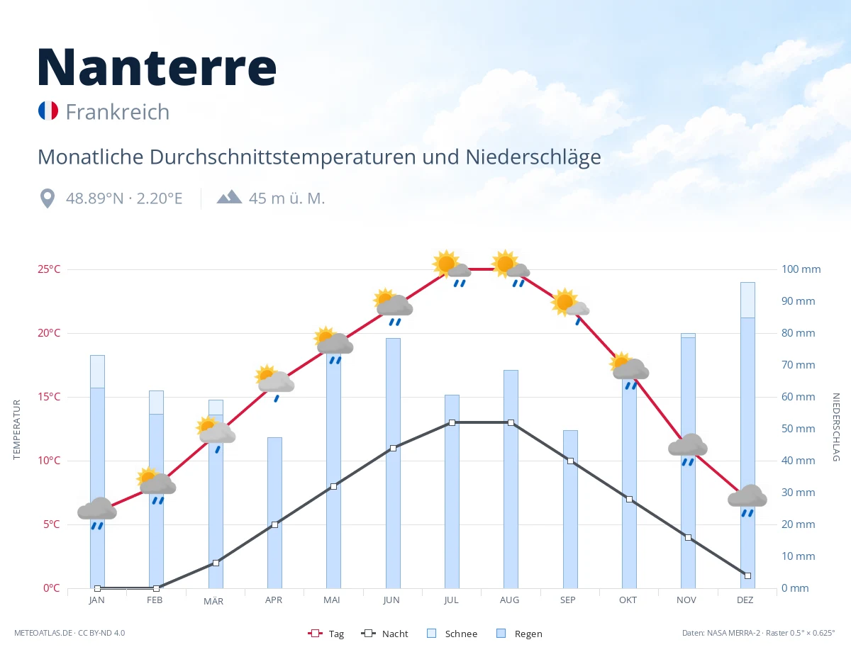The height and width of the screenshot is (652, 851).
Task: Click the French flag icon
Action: point(48,111)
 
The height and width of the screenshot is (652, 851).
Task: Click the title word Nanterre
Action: point(157,67)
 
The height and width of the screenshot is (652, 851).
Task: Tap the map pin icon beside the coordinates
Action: point(48,198)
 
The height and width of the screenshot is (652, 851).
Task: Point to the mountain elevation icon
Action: point(229,196)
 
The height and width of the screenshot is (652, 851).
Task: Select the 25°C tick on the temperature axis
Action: point(49,269)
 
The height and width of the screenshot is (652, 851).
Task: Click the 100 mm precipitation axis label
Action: point(801,269)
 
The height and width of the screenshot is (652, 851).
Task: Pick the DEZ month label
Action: point(745,600)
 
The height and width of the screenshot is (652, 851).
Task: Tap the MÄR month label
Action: point(213,601)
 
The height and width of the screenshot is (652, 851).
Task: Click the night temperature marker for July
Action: point(452,422)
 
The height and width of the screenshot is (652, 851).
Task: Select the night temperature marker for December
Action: point(747,575)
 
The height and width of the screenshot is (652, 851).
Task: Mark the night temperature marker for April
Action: point(274,525)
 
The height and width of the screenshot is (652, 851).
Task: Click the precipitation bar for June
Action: point(393,463)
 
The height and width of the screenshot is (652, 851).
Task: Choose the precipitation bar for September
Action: point(570,510)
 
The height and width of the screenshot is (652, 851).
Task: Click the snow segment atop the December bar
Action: point(747,300)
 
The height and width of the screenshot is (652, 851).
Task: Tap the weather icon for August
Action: point(511,268)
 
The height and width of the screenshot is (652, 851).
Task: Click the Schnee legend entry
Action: point(452,634)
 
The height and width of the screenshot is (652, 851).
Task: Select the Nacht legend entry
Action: point(384,634)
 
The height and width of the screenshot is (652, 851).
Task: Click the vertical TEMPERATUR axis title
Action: point(16,429)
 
